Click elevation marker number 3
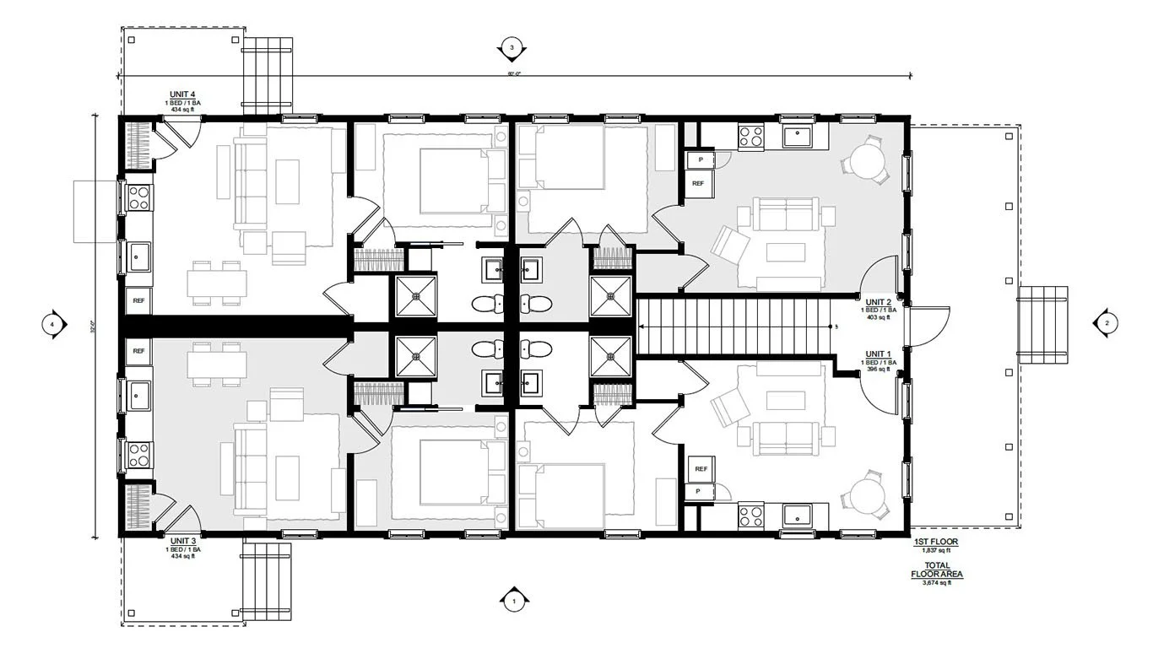(512, 48)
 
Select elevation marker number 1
(513, 601)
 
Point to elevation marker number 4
(52, 323)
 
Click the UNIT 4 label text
(183, 95)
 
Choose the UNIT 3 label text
(183, 541)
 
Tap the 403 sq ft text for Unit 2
(877, 317)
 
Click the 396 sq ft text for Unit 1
(877, 370)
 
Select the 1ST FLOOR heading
(936, 542)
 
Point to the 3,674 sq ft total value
(936, 583)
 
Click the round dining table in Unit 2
(866, 159)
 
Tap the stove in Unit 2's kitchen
(750, 137)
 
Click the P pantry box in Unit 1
(699, 491)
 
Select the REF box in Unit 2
(699, 183)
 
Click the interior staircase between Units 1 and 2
(734, 326)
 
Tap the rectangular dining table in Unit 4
(217, 282)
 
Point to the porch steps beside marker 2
(1042, 324)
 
